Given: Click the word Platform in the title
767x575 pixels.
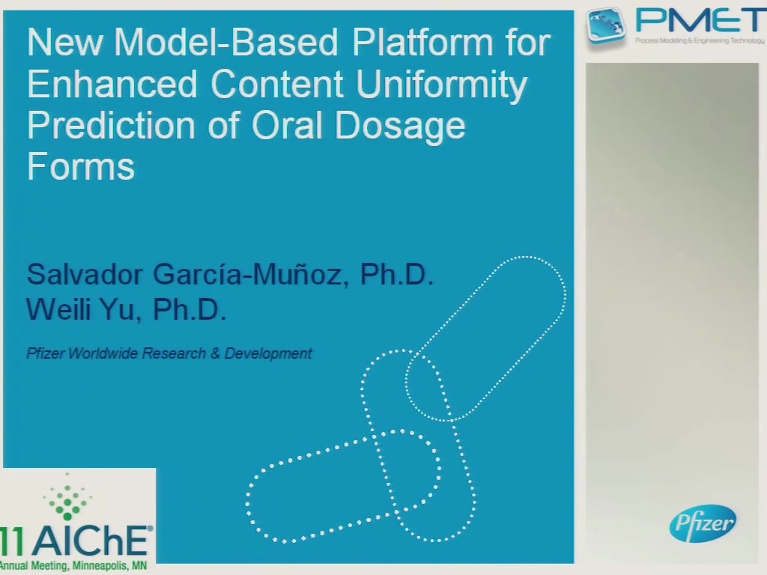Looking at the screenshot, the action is (422, 43).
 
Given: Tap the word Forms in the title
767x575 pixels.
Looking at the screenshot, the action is (81, 167).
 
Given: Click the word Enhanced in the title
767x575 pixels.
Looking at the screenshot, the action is (112, 84).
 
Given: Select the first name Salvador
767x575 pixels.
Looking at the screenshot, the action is (85, 275).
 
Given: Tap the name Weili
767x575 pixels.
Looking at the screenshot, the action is (58, 310).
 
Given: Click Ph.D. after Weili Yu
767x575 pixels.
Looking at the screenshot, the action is (190, 310).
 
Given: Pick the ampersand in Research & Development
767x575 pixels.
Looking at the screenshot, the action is (215, 353).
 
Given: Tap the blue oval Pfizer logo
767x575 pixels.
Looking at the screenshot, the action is (703, 523).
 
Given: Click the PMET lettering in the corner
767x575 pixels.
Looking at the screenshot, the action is (700, 20).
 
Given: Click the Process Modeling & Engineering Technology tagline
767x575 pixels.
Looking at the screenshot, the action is (700, 40).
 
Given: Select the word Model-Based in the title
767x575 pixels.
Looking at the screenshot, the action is (226, 43).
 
